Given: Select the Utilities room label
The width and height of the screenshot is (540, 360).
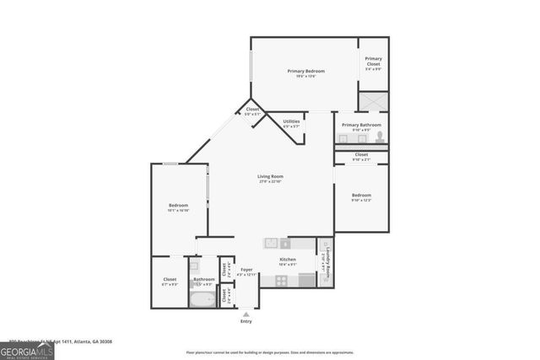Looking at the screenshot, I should (x=291, y=121).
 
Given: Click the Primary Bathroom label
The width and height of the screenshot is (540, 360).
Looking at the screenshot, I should (x=361, y=125).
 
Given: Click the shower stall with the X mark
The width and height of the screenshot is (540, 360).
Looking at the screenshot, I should (x=373, y=101).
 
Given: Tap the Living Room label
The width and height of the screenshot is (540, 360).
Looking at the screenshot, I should (x=270, y=176).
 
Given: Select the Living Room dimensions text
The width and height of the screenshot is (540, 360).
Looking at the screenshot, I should (x=270, y=182).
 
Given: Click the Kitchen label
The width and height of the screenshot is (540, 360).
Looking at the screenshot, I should (x=288, y=259).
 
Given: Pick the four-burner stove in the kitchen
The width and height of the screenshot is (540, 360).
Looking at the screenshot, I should (x=282, y=279).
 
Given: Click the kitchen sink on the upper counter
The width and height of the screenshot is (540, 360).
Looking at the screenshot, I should (x=271, y=243).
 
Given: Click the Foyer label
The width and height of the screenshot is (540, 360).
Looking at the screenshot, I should (x=246, y=270).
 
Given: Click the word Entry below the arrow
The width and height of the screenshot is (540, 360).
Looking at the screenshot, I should (x=246, y=321).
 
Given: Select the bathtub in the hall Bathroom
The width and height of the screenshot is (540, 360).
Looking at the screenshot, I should (x=203, y=299).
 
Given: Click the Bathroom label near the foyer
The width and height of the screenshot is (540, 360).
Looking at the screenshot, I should (x=204, y=279).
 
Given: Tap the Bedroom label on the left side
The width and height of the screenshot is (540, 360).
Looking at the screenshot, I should (x=178, y=205).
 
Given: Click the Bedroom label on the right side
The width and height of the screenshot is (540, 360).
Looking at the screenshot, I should (x=361, y=195).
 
